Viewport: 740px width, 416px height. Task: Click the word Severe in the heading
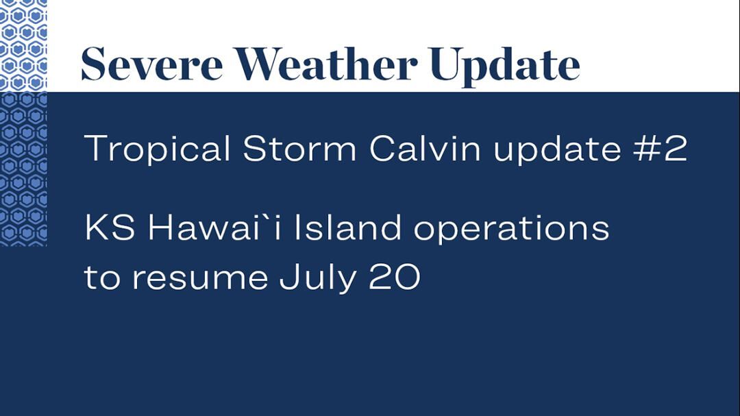tap(151, 64)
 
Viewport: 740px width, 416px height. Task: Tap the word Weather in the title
tap(326, 64)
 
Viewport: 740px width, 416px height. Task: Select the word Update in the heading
tap(505, 66)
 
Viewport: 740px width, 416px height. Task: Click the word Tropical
tap(157, 149)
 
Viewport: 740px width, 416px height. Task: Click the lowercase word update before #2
tap(557, 149)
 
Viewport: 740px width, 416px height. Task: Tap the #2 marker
tap(661, 148)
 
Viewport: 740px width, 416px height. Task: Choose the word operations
tap(512, 229)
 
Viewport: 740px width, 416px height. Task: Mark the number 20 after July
tap(395, 277)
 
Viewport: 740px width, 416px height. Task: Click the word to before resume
tap(102, 277)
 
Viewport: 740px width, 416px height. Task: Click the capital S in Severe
tap(93, 64)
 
